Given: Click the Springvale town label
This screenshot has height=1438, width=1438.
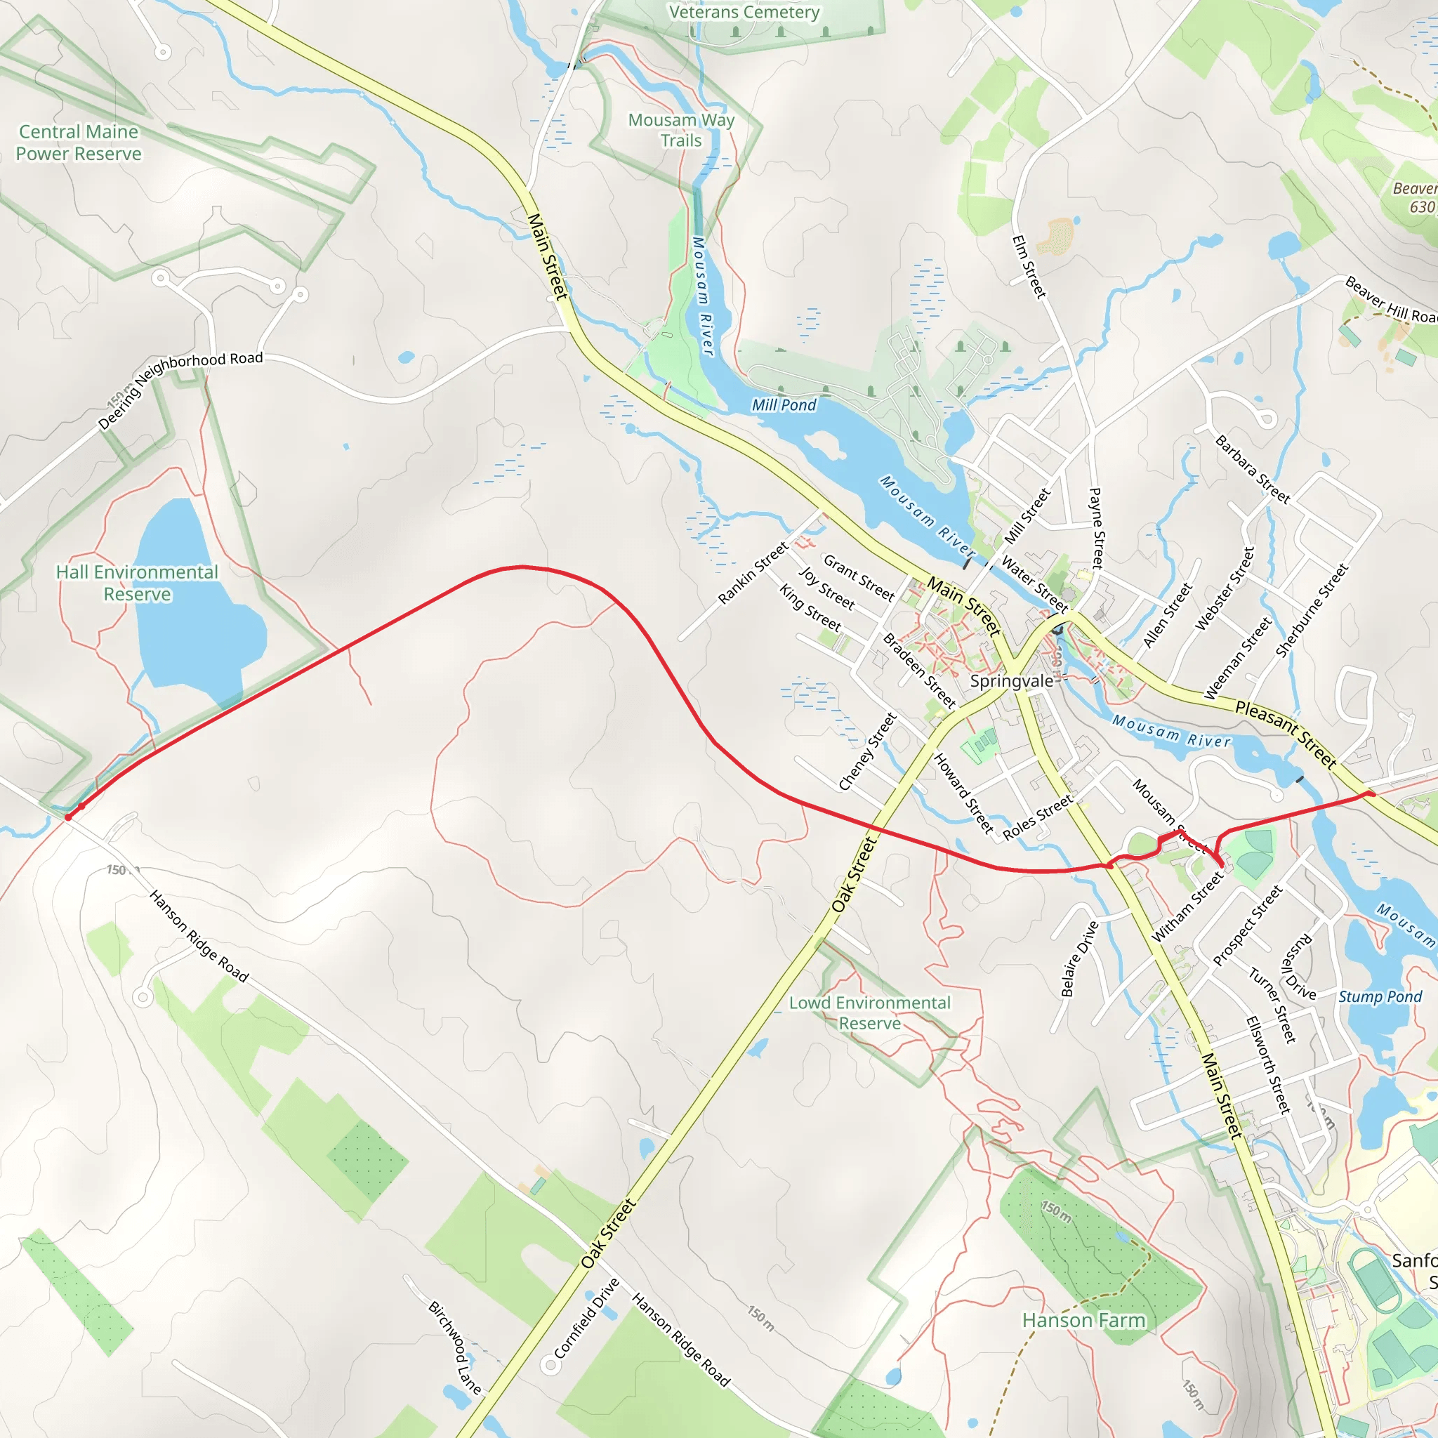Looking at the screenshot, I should coord(1012,681).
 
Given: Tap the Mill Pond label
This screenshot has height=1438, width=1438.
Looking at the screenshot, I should coord(784,405).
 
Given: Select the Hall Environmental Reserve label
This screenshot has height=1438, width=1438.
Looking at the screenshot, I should coord(137,583).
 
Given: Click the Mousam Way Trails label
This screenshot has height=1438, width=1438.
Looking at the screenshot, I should coord(681,131).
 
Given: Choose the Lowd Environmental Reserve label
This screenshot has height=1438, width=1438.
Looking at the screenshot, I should coord(869,1013).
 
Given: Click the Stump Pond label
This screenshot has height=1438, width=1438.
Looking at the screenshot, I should coord(1380,996).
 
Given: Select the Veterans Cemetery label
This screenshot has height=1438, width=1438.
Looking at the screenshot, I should coord(744,12).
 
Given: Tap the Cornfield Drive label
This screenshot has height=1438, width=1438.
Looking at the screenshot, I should coord(586,1318).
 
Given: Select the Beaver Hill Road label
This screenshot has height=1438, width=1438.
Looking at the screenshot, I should coord(1390,301).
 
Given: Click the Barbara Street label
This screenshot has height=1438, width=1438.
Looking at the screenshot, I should coord(1252,470).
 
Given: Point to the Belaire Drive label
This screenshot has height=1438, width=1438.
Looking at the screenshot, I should coord(1079,959).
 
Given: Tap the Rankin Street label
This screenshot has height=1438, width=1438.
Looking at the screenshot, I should coord(753,573).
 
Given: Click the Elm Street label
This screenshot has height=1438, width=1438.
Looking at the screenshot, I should coord(1029,266).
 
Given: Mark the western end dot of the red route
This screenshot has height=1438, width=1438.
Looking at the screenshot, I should coord(69,817).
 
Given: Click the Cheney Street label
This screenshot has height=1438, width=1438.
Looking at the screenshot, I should coord(868,752).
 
